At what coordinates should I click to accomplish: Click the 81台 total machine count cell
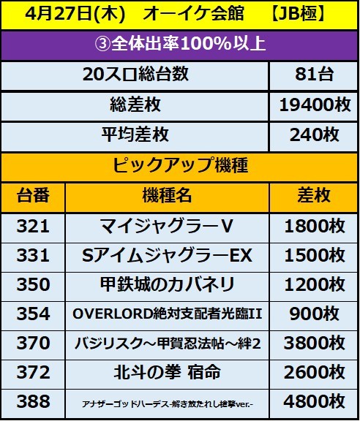pos(315,76)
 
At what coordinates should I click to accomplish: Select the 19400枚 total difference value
pos(315,106)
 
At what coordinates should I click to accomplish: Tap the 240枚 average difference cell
pos(315,135)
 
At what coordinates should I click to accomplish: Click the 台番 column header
pos(33,196)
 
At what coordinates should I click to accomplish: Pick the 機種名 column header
pos(167,196)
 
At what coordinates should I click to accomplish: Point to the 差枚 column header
pos(315,196)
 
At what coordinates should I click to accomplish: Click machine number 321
pos(33,227)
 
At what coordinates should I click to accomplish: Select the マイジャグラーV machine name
pos(167,227)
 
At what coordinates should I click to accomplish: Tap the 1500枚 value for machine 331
pos(315,256)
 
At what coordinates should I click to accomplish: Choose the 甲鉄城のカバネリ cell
pos(167,284)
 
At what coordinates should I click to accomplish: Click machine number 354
pos(33,314)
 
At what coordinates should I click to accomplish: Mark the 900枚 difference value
pos(315,314)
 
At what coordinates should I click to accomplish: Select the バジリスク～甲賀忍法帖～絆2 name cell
pos(167,343)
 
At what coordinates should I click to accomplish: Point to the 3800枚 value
pos(315,343)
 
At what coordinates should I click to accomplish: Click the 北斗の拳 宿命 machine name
pos(167,372)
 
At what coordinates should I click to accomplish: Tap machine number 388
pos(33,401)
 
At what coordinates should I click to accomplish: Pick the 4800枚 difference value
pos(315,401)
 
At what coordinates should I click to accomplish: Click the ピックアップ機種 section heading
pos(180,165)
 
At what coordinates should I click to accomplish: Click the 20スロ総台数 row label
pos(135,76)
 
